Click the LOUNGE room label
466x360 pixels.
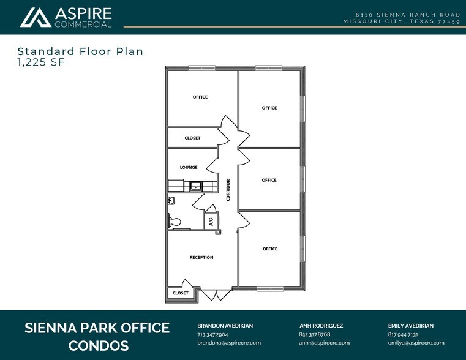188,167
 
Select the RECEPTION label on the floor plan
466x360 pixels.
201,257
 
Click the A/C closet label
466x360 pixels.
211,221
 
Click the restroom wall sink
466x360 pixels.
171,200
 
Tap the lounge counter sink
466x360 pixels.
197,186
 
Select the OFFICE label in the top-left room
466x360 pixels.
200,97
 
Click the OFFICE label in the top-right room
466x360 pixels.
269,108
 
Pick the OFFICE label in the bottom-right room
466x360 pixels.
270,249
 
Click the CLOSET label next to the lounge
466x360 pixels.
192,138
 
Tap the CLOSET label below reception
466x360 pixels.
180,293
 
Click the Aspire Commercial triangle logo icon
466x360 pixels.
36,17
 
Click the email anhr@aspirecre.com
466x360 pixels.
324,343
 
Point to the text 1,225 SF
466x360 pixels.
40,62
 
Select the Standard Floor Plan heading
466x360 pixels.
80,51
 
